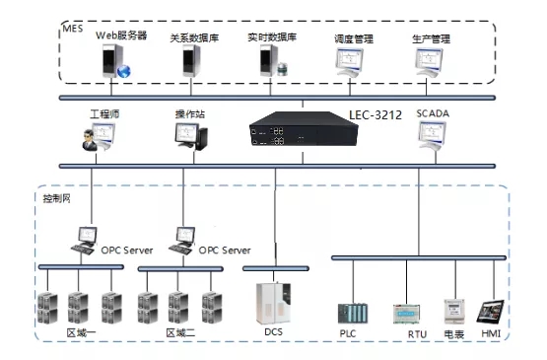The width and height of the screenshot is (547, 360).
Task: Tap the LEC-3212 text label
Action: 375,116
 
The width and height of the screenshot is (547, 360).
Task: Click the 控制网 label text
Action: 56,198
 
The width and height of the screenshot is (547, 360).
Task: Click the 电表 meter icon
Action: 454,311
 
